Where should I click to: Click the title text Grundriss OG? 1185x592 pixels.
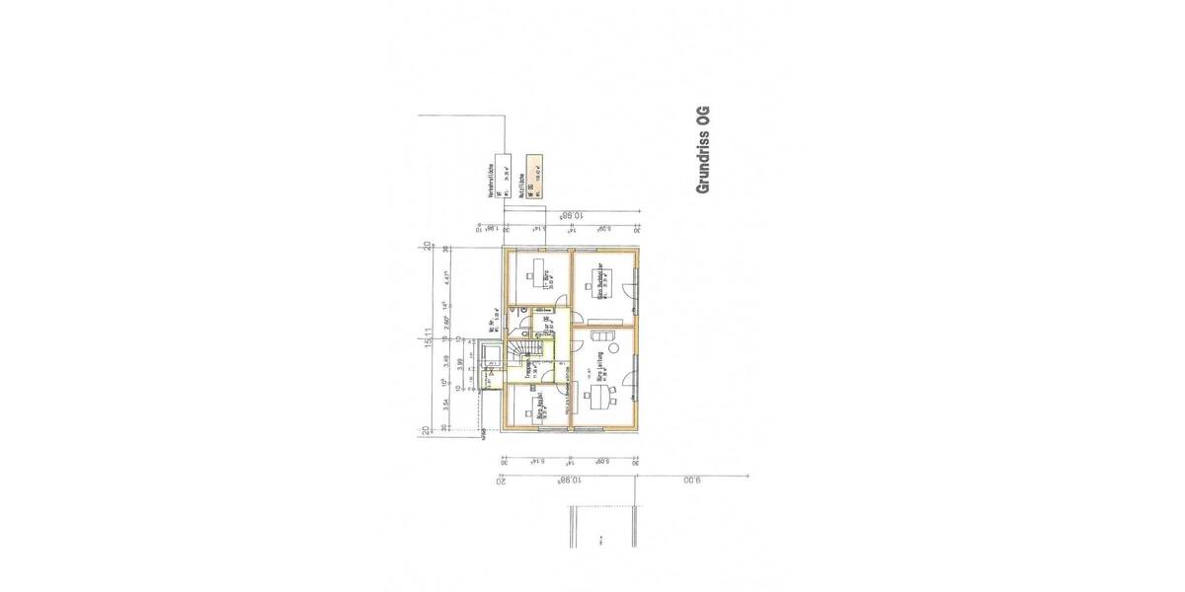703,149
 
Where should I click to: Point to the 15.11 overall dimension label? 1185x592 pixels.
429,338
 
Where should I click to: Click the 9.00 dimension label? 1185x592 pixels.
692,481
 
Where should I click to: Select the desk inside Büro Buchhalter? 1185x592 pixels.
600,281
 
